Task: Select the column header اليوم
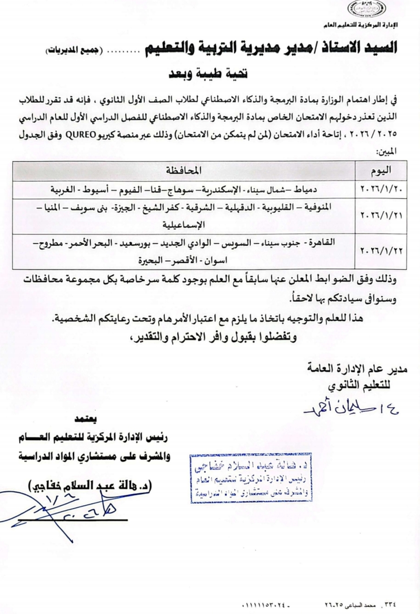tap(381, 171)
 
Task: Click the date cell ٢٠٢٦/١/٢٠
tap(381, 190)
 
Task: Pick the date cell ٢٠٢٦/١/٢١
tap(381, 216)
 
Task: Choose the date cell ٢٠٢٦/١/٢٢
tap(381, 251)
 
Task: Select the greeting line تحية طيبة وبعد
tap(207, 73)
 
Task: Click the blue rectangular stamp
tap(250, 478)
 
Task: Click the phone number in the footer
tap(266, 605)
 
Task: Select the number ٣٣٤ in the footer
tap(389, 605)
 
